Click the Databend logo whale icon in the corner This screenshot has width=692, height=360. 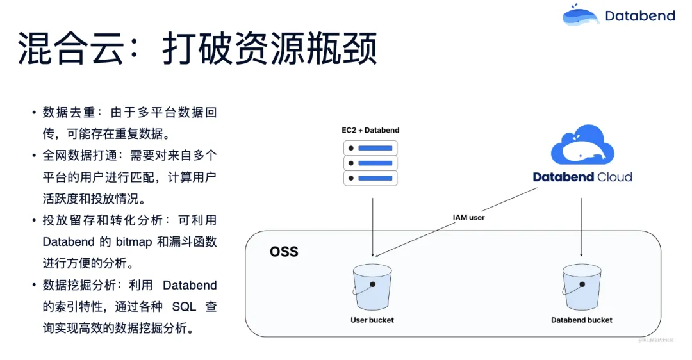pyautogui.click(x=581, y=15)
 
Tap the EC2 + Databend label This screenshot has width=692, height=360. pyautogui.click(x=370, y=131)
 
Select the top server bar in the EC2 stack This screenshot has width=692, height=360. pyautogui.click(x=370, y=148)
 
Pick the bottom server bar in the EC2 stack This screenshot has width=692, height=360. pyautogui.click(x=370, y=178)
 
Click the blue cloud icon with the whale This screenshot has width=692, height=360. pyautogui.click(x=582, y=147)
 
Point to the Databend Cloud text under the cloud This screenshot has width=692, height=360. pyautogui.click(x=582, y=177)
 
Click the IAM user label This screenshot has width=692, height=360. pyautogui.click(x=469, y=218)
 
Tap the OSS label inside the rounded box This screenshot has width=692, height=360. pyautogui.click(x=284, y=251)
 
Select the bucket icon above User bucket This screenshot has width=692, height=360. pyautogui.click(x=372, y=286)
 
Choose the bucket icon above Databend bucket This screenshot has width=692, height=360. pyautogui.click(x=582, y=286)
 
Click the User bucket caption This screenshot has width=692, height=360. pyautogui.click(x=372, y=320)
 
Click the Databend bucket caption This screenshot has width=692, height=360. pyautogui.click(x=582, y=320)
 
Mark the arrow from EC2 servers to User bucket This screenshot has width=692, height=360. pyautogui.click(x=372, y=224)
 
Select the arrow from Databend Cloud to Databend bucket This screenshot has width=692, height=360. pyautogui.click(x=581, y=224)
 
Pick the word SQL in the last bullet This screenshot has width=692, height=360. pyautogui.click(x=184, y=307)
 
